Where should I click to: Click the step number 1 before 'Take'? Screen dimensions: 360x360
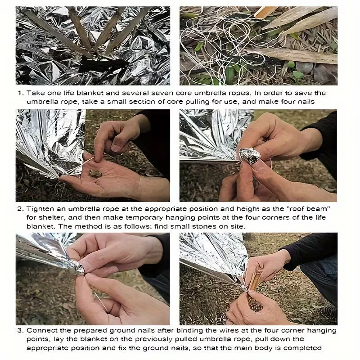(21, 93)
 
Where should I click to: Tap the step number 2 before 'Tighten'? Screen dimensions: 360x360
(20, 209)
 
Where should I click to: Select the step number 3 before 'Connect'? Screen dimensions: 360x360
(20, 331)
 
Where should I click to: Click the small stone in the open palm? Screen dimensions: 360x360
(95, 173)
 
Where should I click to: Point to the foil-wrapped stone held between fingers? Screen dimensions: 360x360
(250, 156)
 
